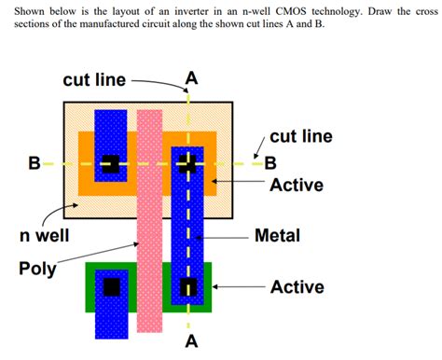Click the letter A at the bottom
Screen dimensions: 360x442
(x=191, y=341)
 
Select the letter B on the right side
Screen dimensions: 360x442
(x=271, y=164)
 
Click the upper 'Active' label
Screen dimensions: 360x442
(x=297, y=185)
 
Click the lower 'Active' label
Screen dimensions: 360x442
(x=297, y=287)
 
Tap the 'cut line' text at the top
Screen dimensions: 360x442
(x=94, y=79)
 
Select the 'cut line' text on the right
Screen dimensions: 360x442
(x=300, y=136)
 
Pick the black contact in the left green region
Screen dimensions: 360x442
(x=112, y=285)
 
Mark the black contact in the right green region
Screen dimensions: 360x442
(x=189, y=285)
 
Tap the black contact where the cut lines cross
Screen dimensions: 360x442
(x=189, y=165)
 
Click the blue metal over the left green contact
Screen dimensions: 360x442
(x=112, y=312)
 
